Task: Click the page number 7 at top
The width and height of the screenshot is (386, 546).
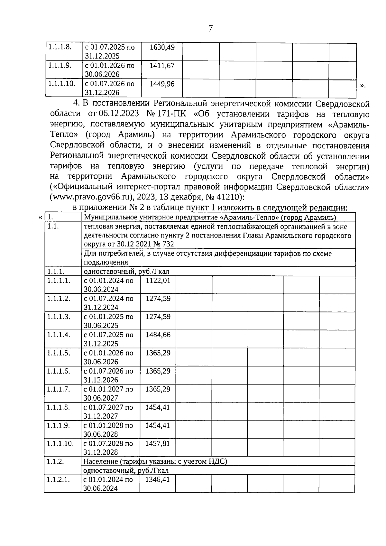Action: (210, 29)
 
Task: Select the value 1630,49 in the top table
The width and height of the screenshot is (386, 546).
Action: (162, 47)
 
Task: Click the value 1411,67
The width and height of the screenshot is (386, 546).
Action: (162, 66)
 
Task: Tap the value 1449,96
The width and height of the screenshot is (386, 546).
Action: (162, 84)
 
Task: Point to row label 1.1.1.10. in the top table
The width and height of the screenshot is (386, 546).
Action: (62, 84)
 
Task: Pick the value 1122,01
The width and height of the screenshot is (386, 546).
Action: (158, 280)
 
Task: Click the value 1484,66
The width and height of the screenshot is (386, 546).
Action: (158, 335)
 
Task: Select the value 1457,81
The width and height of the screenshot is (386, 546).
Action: (158, 443)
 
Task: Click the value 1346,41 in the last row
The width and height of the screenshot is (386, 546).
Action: (158, 480)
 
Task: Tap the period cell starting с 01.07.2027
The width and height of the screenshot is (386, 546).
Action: (108, 412)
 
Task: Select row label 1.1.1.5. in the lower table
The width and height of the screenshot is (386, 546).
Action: (58, 353)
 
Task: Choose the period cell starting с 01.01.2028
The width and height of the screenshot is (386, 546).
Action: (108, 430)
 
